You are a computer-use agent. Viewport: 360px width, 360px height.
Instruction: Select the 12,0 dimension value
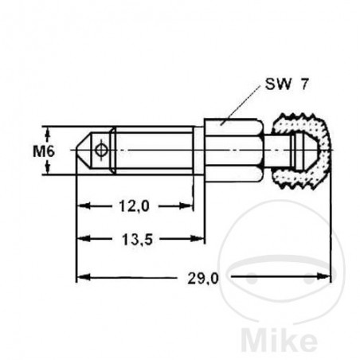pyautogui.click(x=135, y=206)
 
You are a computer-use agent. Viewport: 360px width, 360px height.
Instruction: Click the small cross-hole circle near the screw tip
pyautogui.click(x=100, y=150)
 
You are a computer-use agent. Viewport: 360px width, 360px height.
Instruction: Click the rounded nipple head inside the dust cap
pyautogui.click(x=300, y=150)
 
